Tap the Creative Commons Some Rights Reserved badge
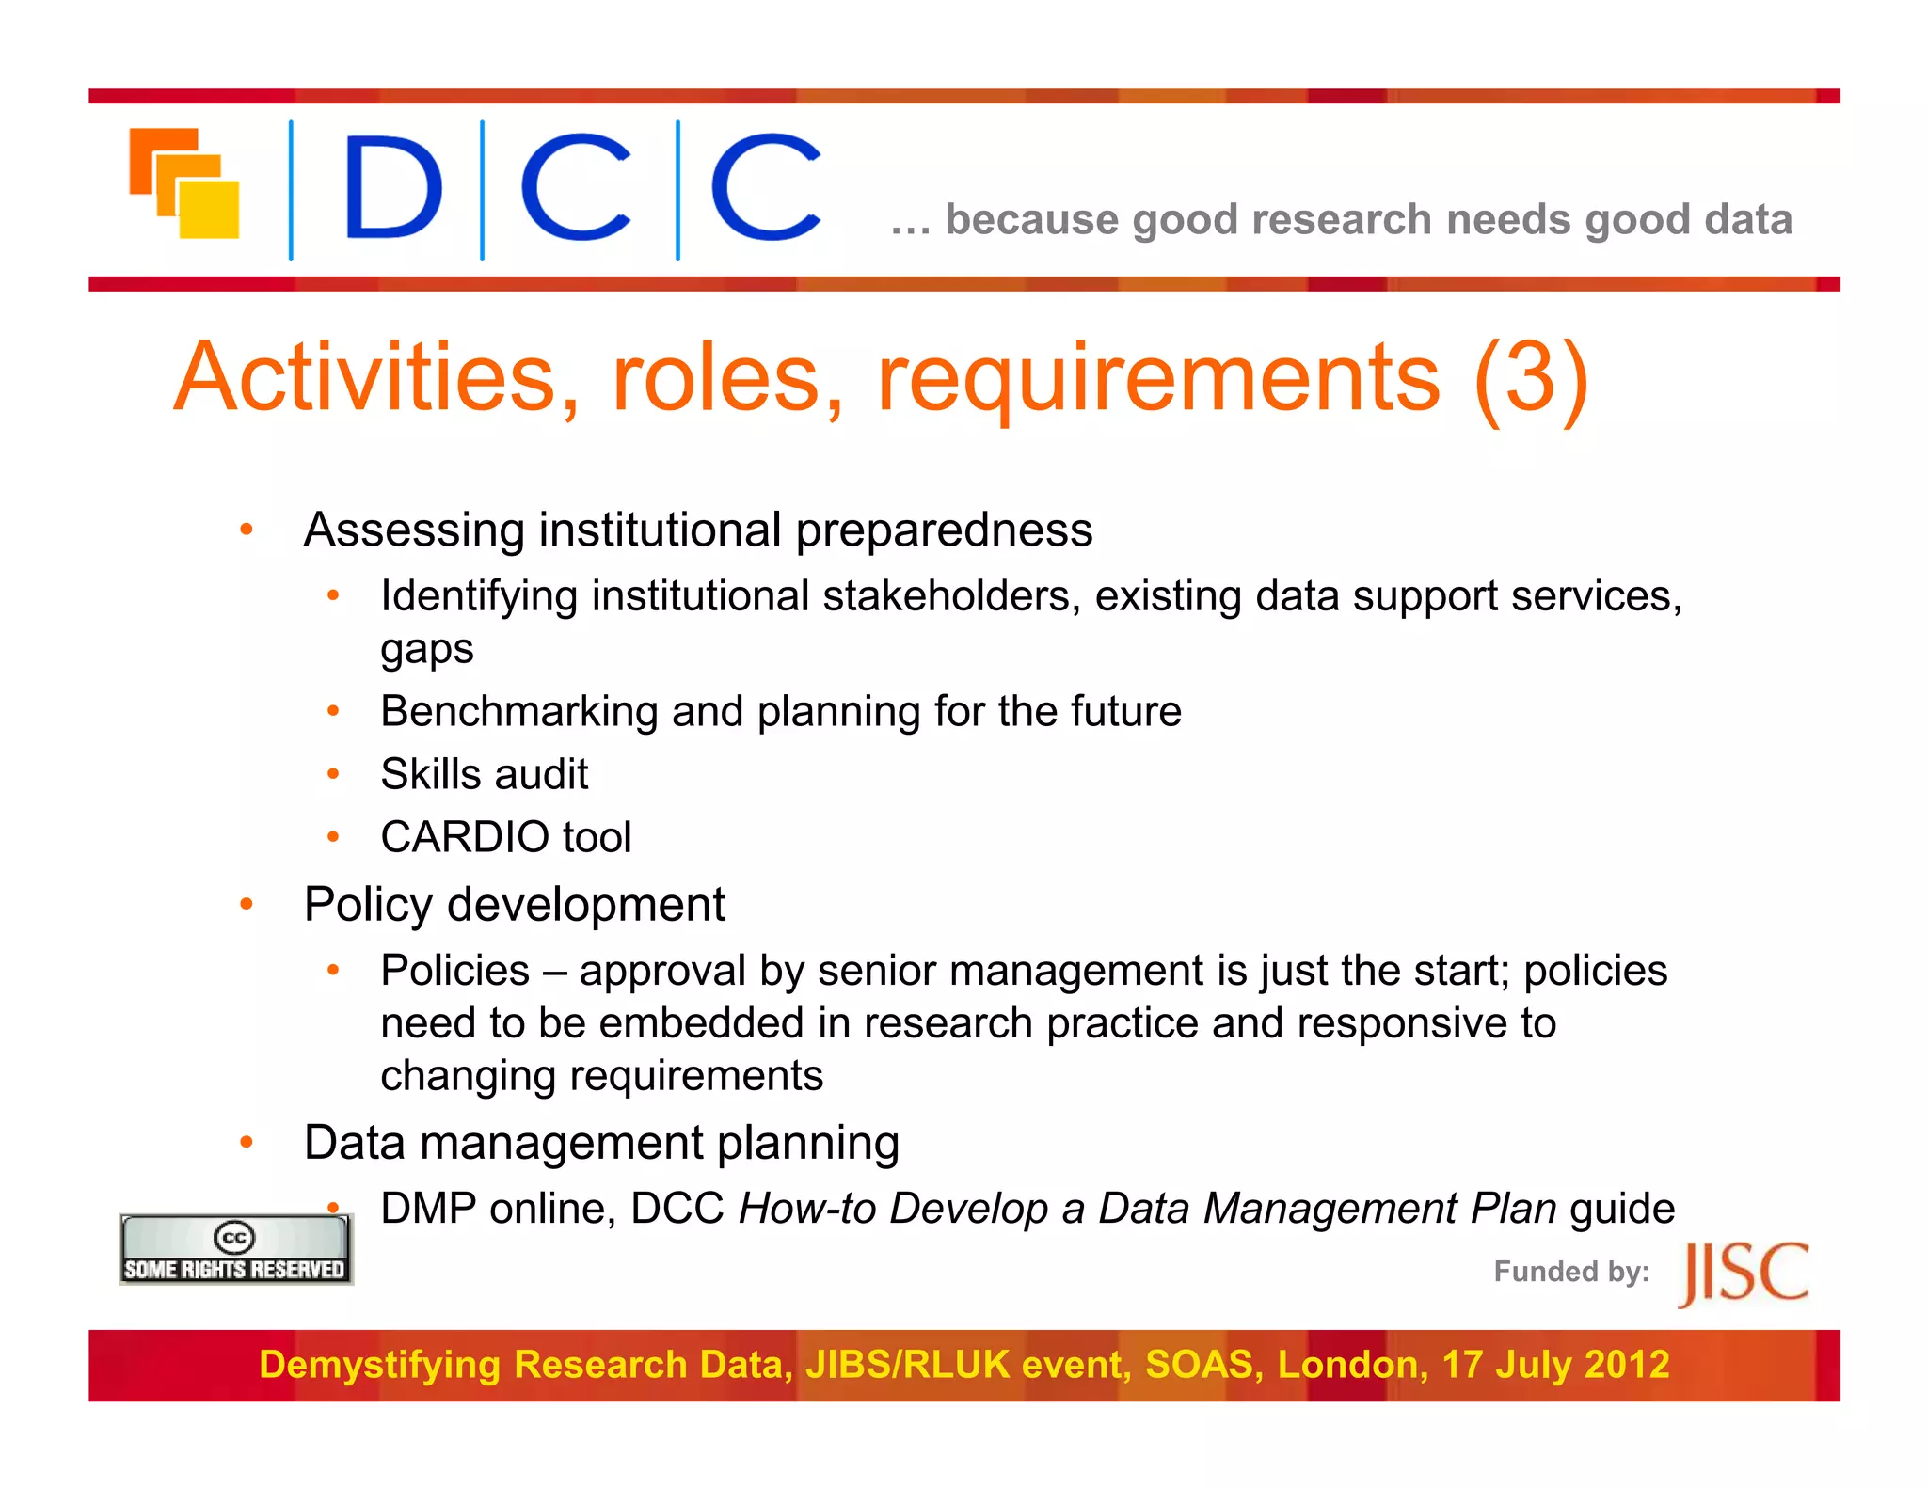pyautogui.click(x=235, y=1249)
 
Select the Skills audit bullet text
pyautogui.click(x=484, y=774)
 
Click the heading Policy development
pyautogui.click(x=514, y=905)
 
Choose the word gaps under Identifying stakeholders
pyautogui.click(x=426, y=649)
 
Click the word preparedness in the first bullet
pyautogui.click(x=944, y=530)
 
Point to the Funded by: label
pyautogui.click(x=1571, y=1272)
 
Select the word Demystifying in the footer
pyautogui.click(x=379, y=1365)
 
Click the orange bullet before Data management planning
pyautogui.click(x=247, y=1142)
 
